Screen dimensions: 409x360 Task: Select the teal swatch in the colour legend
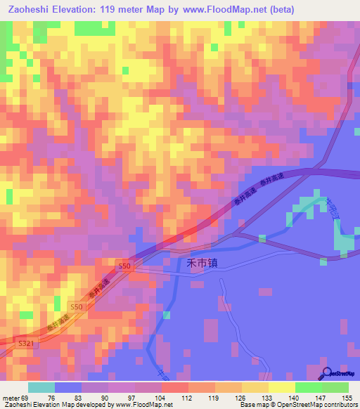(x=41, y=387)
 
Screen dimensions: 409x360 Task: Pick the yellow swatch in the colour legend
(x=282, y=387)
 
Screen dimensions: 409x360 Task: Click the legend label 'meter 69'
(x=15, y=397)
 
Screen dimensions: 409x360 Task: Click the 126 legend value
(x=241, y=397)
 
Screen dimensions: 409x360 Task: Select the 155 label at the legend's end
(x=348, y=397)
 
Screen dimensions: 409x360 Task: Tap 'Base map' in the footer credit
(x=253, y=405)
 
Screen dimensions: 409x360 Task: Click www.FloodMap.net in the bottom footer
(x=143, y=405)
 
